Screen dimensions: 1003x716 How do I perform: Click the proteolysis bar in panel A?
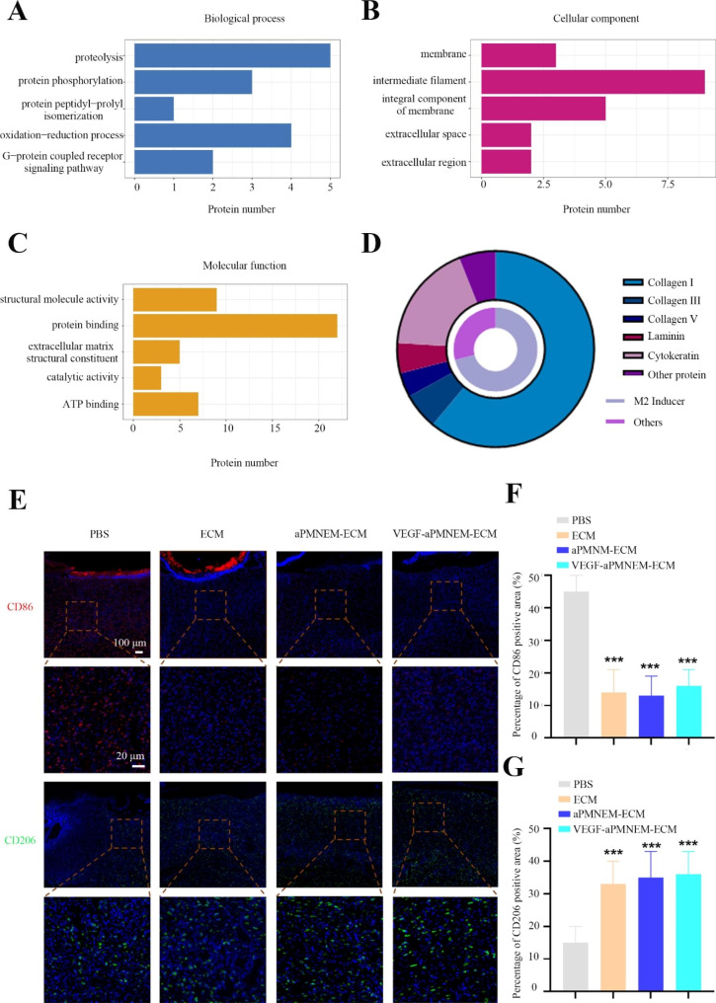232,55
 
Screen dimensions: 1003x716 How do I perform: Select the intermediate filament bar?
593,82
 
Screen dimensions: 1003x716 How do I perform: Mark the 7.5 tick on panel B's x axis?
667,186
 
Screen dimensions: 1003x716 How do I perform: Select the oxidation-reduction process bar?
212,134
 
